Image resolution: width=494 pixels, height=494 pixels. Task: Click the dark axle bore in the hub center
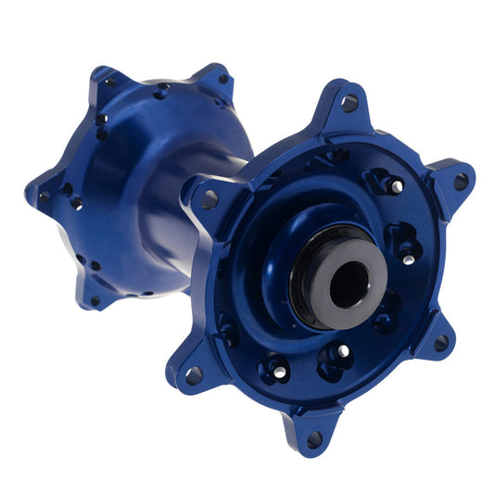click(x=348, y=285)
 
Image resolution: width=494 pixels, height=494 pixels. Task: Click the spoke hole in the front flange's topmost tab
click(x=349, y=103)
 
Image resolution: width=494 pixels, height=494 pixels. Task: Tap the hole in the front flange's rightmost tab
click(x=461, y=181)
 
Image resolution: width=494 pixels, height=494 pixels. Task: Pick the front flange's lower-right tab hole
click(x=442, y=342)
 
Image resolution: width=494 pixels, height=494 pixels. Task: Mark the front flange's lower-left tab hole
click(x=193, y=374)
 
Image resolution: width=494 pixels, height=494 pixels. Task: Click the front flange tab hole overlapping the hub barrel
click(x=209, y=198)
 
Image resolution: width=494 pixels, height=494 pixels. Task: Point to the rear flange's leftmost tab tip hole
click(x=43, y=196)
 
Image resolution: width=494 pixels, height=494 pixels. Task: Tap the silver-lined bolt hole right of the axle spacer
click(x=409, y=259)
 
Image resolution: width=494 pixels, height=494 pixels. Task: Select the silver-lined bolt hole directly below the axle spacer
click(x=343, y=351)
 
